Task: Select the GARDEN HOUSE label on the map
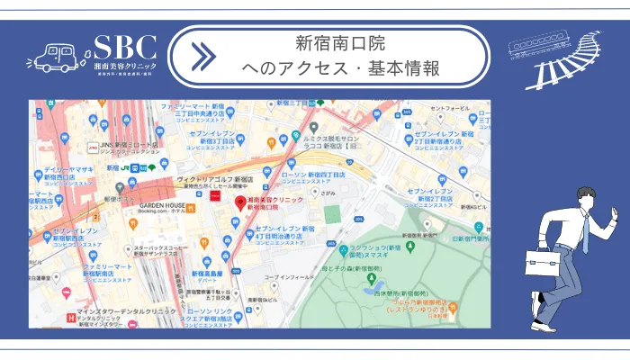pos(162,205)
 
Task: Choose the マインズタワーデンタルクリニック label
pos(112,316)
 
